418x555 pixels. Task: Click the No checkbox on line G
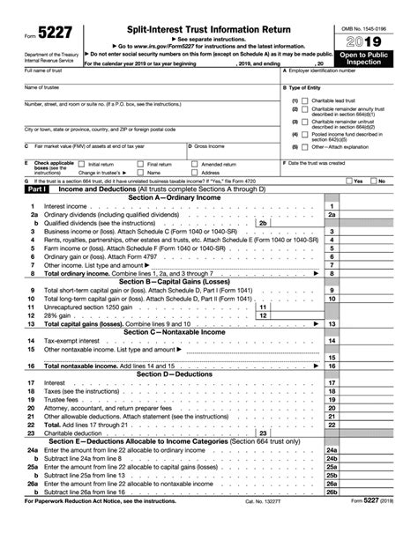(x=372, y=181)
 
